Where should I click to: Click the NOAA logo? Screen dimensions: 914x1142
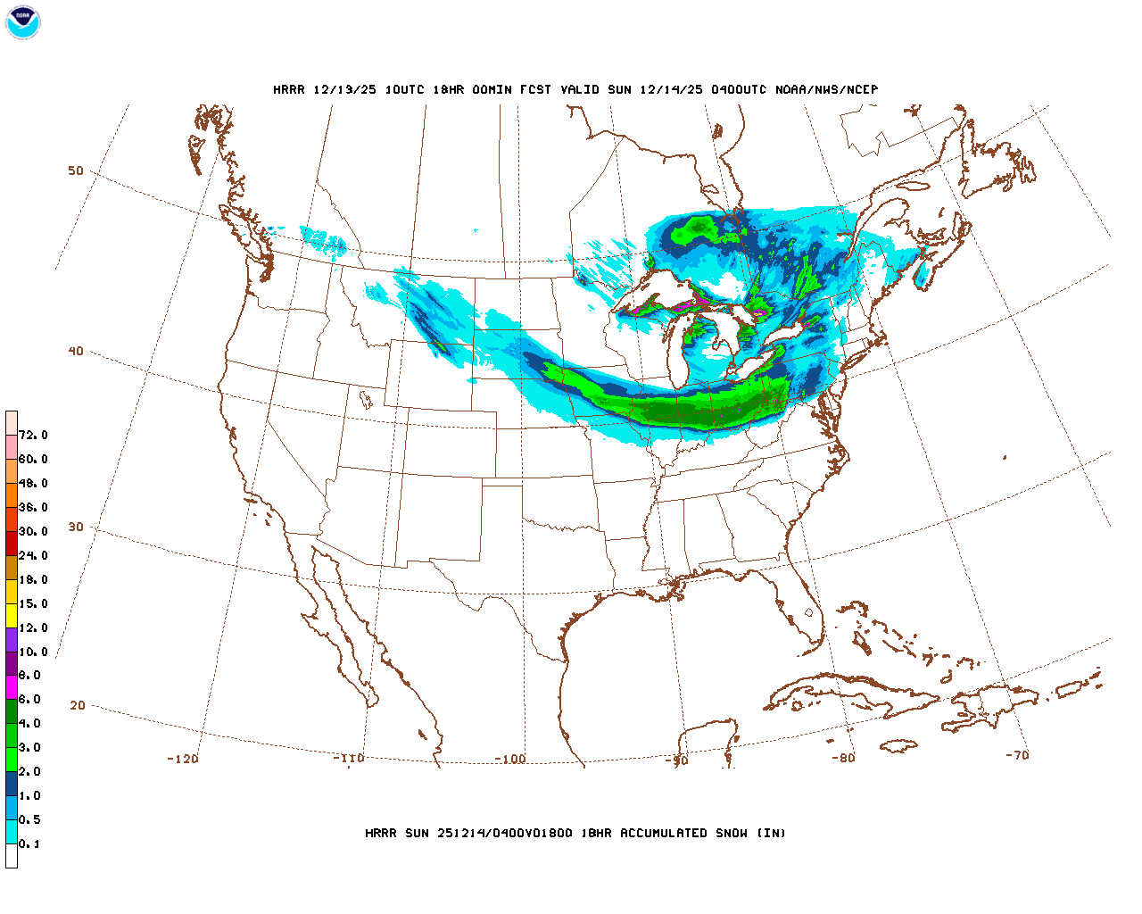22,22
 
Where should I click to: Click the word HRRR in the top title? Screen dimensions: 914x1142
289,89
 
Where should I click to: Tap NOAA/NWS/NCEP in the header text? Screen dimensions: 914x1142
826,89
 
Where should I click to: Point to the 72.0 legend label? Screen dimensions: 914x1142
33,436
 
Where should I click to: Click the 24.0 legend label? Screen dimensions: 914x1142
33,555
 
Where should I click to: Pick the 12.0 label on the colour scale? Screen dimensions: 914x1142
33,627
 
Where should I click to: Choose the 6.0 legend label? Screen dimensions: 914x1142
29,700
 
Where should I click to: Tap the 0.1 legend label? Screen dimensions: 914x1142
29,843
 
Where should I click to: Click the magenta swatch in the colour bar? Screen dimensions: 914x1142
12,687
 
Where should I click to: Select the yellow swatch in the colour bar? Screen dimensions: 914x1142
12,615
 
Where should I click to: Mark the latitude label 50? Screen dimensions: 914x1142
76,170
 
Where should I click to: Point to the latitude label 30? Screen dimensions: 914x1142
76,527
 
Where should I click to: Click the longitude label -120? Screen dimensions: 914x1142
183,759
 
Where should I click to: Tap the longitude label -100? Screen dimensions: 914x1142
510,759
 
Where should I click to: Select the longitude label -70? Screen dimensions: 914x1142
1017,755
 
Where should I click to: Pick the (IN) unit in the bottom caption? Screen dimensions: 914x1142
772,833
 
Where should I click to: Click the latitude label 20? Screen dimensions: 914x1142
78,705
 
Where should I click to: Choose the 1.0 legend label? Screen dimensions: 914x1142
29,795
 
